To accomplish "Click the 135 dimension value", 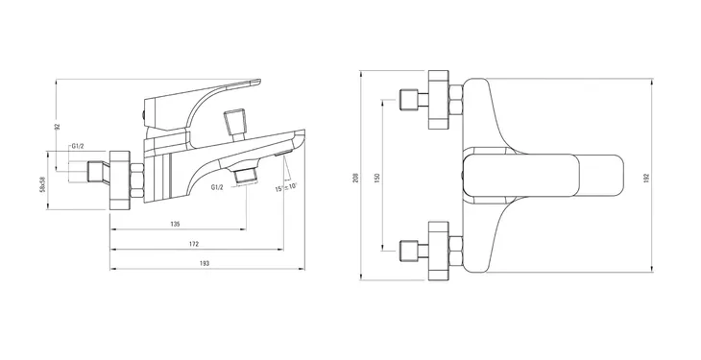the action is click(175, 224).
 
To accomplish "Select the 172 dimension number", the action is click(194, 244).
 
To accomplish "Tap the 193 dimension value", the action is click(205, 263).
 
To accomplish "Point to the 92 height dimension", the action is click(58, 127).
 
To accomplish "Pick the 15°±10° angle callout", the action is click(286, 187).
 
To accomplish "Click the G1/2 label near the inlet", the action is click(78, 146).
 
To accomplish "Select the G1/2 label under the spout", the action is click(217, 187).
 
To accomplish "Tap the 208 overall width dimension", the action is click(355, 179).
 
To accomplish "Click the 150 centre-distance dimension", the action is click(376, 178).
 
